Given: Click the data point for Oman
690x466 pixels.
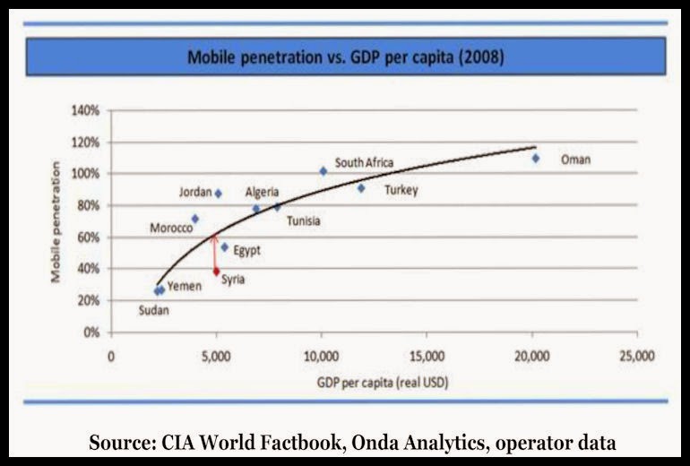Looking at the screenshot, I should pyautogui.click(x=535, y=159).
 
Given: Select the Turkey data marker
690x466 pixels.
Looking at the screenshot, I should pyautogui.click(x=361, y=188).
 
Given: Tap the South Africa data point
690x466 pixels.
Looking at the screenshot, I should pyautogui.click(x=323, y=171).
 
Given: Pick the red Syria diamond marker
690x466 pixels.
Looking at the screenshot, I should pyautogui.click(x=216, y=272).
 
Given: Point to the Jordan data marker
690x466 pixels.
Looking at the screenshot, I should pyautogui.click(x=218, y=194).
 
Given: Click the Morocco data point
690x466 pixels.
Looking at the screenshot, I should pyautogui.click(x=194, y=219).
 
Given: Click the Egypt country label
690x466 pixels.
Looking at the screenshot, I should pyautogui.click(x=246, y=251).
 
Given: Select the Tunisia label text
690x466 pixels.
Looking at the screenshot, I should pyautogui.click(x=304, y=221).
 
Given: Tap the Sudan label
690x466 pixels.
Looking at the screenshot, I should pyautogui.click(x=153, y=311).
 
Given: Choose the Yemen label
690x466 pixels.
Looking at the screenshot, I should pyautogui.click(x=185, y=286).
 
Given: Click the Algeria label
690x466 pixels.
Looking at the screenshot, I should pyautogui.click(x=262, y=192).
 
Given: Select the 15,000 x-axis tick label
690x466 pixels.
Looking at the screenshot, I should pyautogui.click(x=427, y=353).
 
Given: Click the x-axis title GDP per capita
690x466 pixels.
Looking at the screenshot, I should pyautogui.click(x=382, y=384).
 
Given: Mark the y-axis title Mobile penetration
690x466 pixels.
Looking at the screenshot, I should pyautogui.click(x=56, y=222).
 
